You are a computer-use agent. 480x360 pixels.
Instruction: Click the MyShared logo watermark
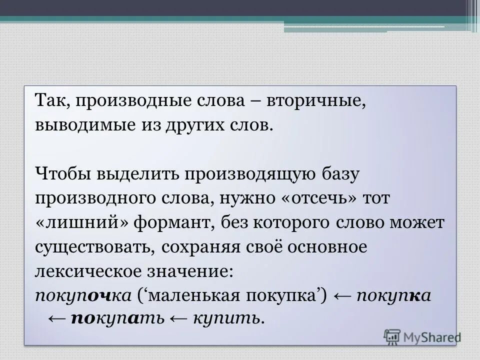coord(422,336)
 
